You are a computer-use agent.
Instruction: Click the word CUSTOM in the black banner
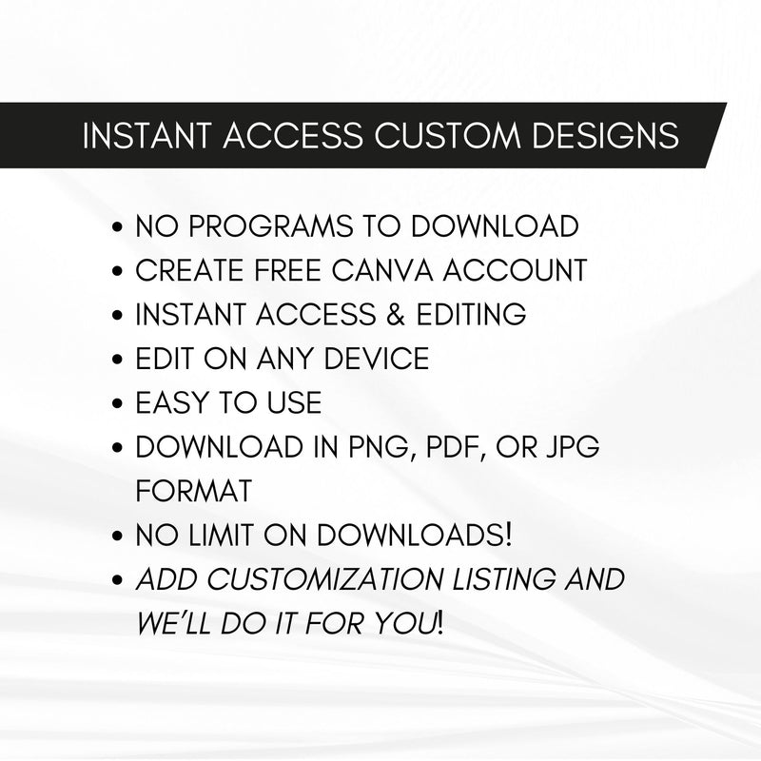pyautogui.click(x=444, y=135)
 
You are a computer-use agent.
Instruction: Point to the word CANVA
pyautogui.click(x=368, y=270)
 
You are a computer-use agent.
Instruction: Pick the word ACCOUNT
pyautogui.click(x=510, y=270)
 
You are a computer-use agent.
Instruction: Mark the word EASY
pyautogui.click(x=174, y=402)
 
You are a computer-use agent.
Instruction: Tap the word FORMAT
pyautogui.click(x=194, y=491)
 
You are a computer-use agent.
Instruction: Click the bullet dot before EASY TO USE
pyautogui.click(x=117, y=404)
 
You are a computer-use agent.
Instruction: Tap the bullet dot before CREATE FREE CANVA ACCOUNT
pyautogui.click(x=117, y=272)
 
